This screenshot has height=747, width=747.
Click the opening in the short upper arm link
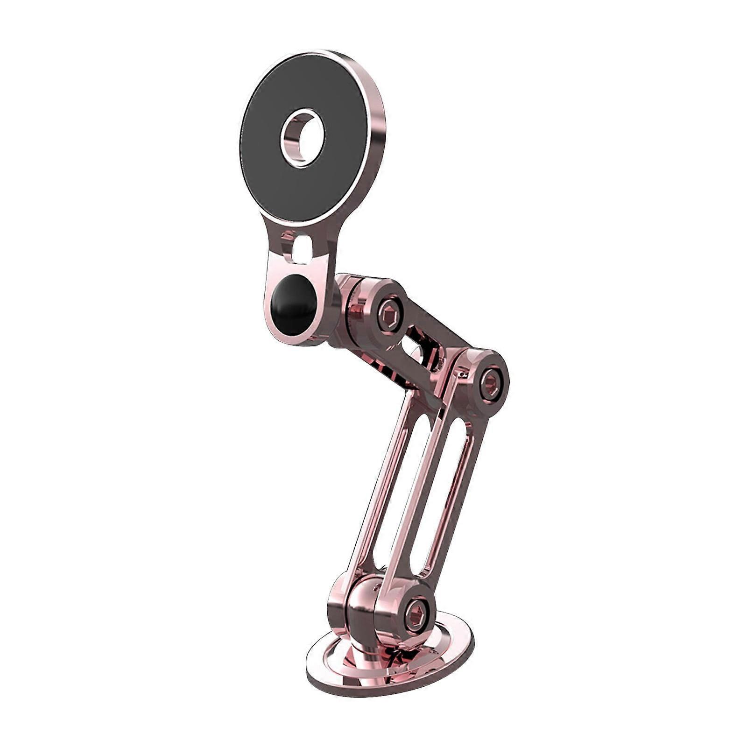pos(411,345)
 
